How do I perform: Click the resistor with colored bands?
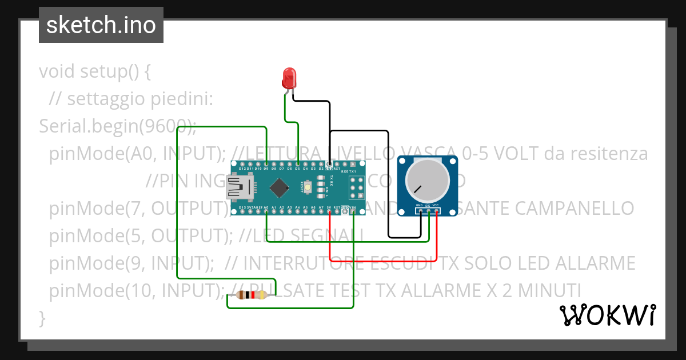click(x=250, y=295)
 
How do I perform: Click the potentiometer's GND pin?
click(x=421, y=211)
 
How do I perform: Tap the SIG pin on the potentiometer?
click(x=429, y=211)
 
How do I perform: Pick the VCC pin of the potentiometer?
click(x=437, y=211)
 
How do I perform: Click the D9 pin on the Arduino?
click(x=266, y=164)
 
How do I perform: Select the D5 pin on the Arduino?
click(x=298, y=164)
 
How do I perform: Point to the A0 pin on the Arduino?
click(x=266, y=211)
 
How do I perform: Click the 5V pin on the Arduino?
click(x=330, y=211)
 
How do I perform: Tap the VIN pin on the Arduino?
click(x=353, y=211)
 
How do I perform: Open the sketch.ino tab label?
click(x=101, y=25)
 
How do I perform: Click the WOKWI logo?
click(x=607, y=315)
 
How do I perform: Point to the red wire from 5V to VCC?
click(x=383, y=261)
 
